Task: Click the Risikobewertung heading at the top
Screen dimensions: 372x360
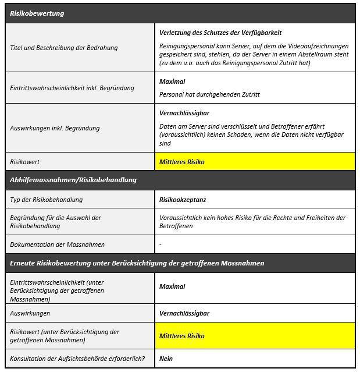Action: tap(37, 13)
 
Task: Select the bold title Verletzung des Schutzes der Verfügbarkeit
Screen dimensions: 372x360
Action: tap(220, 33)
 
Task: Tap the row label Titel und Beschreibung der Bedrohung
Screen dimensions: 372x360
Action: tap(64, 48)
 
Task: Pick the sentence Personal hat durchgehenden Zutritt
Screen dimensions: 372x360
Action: tap(209, 94)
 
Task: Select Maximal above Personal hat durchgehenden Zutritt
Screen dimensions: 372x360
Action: tap(172, 82)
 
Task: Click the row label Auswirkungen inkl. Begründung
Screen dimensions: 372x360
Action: tap(55, 128)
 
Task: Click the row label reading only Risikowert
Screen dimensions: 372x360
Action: tap(25, 161)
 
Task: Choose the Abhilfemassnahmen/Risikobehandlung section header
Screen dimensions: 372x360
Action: tap(73, 180)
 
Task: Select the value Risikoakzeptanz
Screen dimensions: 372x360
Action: tap(183, 200)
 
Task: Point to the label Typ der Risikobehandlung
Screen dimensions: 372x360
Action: tap(47, 200)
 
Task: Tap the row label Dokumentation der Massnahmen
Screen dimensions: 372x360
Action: tap(58, 245)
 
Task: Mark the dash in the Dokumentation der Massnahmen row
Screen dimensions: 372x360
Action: tap(161, 245)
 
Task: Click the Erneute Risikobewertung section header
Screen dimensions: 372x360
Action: tap(137, 263)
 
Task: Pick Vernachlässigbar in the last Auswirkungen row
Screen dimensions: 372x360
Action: tap(184, 313)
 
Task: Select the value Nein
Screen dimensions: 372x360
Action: tap(166, 359)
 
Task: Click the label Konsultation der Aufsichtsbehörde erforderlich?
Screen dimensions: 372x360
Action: tap(77, 359)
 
